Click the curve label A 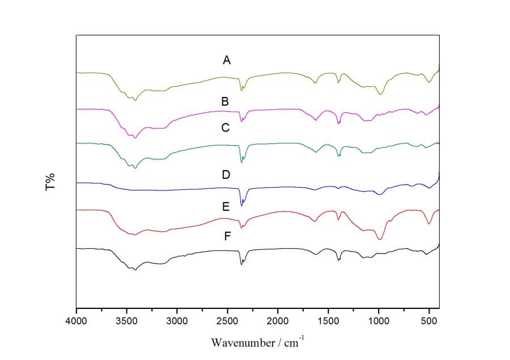coord(227,60)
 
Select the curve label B coord(225,102)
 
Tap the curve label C coord(225,128)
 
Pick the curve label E coord(226,207)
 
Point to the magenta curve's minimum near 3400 coord(135,138)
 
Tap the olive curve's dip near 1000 coord(380,95)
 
